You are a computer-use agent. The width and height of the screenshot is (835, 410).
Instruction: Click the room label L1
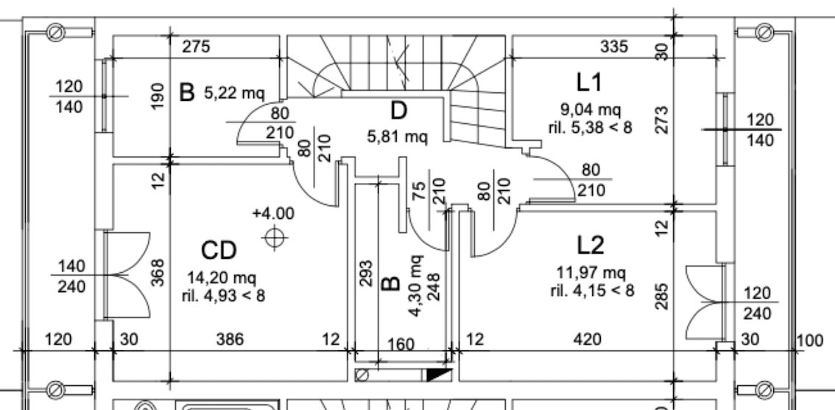click(589, 83)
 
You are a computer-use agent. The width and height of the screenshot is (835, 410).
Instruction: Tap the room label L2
click(591, 246)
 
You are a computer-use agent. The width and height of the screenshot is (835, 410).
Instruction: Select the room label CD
click(219, 251)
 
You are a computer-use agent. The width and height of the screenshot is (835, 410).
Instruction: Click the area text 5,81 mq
click(398, 136)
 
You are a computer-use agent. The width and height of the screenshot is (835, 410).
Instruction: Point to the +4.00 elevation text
click(273, 213)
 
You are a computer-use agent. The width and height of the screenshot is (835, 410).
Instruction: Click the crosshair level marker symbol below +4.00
click(274, 237)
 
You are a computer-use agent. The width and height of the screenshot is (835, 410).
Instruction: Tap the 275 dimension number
click(196, 47)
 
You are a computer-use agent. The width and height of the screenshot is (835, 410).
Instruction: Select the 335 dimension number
click(614, 47)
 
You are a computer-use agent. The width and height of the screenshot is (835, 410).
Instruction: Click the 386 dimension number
click(230, 339)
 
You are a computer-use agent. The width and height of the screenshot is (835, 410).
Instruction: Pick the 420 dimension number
click(588, 339)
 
